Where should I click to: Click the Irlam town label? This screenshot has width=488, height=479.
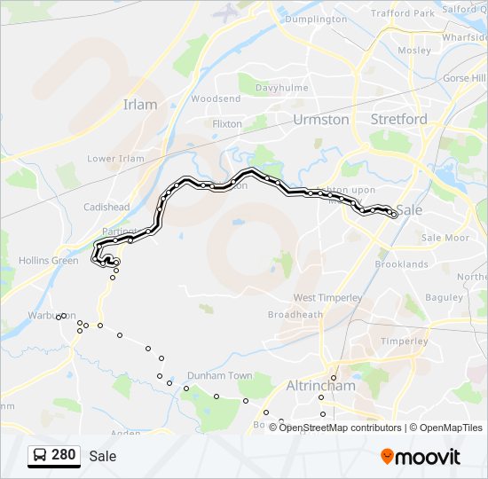140,105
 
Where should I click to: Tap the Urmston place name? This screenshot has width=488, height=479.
320,119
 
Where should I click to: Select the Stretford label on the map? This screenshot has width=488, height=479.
398,119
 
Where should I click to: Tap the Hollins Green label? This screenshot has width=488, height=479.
48,261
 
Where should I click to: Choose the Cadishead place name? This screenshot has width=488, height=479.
106,208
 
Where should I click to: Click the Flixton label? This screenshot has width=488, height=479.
227,124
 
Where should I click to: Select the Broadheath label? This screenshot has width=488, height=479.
295,315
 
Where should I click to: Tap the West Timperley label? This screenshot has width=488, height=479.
327,297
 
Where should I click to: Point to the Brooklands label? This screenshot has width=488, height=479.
401,264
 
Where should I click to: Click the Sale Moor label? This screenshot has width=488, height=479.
445,238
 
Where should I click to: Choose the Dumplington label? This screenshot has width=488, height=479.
317,19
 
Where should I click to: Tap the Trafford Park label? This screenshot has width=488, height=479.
402,13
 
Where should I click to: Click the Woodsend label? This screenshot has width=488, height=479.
216,98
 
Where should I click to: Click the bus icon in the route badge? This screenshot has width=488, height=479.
41,456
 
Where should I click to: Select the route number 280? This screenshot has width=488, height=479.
63,455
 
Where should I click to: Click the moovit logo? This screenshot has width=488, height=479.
421,457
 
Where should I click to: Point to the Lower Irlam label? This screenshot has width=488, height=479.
115,159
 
